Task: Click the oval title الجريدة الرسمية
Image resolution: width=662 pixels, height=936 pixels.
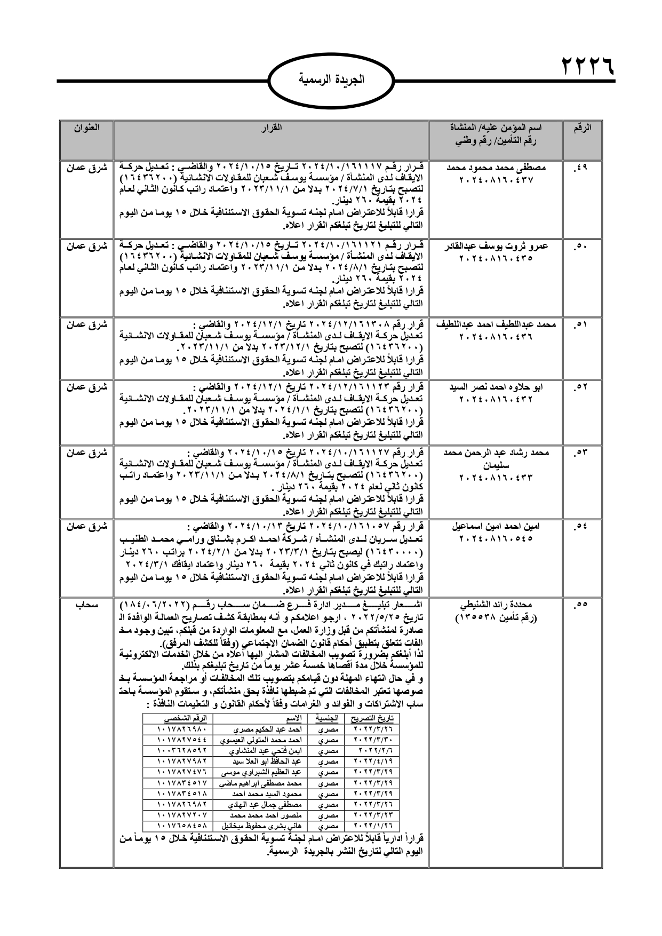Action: [x=330, y=81]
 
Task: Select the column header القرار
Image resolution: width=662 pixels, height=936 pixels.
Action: [x=271, y=129]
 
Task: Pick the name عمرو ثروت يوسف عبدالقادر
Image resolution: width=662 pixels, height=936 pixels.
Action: [x=496, y=246]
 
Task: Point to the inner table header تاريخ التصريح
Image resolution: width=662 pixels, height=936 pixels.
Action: [x=372, y=717]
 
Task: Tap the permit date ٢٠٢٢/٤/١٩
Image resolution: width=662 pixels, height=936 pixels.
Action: [x=372, y=760]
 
